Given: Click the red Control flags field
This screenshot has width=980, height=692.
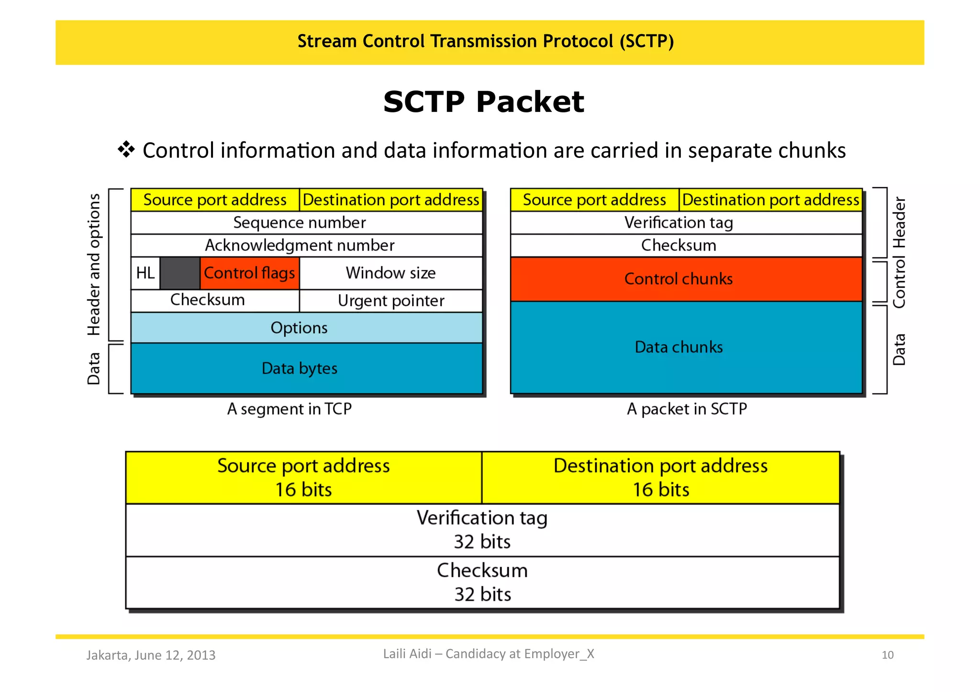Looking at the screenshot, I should [249, 273].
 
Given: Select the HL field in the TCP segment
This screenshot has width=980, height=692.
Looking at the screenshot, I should [145, 273].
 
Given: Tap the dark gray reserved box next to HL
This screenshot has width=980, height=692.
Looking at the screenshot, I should [179, 273].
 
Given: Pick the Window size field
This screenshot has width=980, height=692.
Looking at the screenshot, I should [390, 273].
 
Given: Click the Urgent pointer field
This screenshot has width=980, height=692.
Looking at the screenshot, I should [390, 301].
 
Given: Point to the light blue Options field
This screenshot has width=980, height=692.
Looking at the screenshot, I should [306, 328].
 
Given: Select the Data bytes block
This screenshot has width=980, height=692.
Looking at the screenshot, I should [306, 368].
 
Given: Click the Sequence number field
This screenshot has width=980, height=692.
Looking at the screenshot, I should [306, 222].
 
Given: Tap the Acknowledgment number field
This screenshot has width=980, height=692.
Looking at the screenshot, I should [306, 245].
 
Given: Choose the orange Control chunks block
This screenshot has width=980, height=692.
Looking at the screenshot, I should [686, 279].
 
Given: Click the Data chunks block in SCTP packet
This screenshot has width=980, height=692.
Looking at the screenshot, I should [686, 347].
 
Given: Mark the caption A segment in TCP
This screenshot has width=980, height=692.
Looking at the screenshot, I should [289, 409].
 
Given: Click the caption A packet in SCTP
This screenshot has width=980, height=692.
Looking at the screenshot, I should [687, 409].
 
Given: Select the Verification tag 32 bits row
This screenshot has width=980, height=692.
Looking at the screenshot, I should [482, 530].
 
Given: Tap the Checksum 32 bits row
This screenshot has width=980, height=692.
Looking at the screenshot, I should [482, 582].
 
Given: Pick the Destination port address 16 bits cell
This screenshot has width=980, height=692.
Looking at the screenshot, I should [660, 477].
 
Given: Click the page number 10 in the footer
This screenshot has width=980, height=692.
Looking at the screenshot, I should [887, 655].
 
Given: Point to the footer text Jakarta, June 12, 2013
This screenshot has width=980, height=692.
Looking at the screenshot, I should [151, 655].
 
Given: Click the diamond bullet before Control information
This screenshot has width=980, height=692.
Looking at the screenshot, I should [126, 150].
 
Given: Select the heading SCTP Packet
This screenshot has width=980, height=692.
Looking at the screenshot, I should [483, 102].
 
